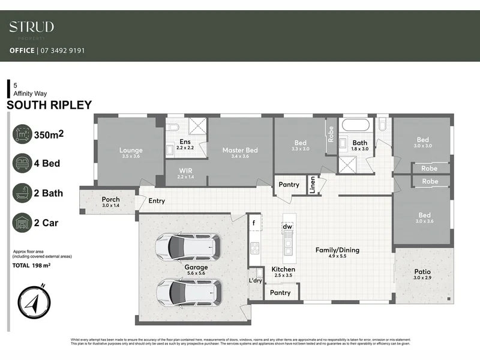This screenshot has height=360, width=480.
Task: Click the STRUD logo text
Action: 31,26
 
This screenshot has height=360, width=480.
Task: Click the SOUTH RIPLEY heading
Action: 49,105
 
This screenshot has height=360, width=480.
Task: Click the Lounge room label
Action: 130,151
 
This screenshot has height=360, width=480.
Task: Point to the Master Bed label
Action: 240,151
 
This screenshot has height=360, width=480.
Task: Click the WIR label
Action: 185,170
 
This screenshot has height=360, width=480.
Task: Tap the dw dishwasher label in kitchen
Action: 287,226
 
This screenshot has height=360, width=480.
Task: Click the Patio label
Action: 422,272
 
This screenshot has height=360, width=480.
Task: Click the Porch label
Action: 111,199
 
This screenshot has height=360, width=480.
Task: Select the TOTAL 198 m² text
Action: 31,265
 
